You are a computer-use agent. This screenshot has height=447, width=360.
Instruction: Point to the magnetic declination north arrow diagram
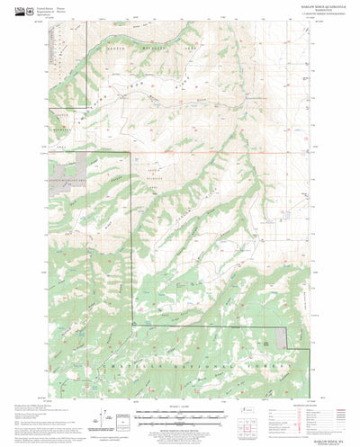[x=105, y=417]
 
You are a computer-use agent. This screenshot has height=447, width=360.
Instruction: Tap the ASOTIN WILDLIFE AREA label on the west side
[x=62, y=126]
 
